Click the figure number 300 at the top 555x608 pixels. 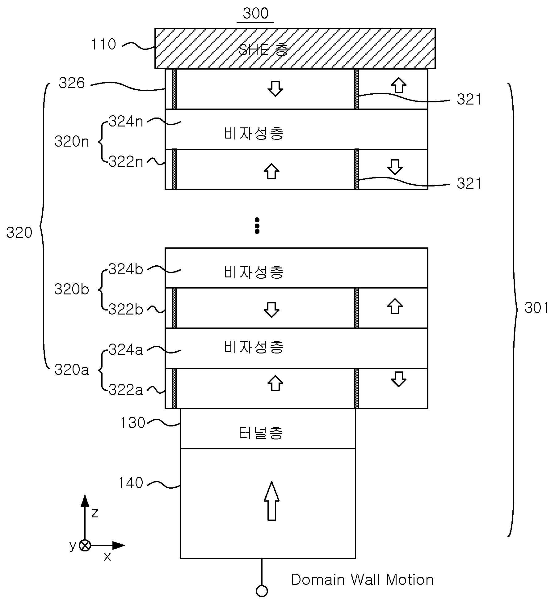255,13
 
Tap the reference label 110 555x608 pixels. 103,44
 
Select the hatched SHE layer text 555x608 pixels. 263,49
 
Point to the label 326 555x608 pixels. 72,83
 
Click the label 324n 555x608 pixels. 126,121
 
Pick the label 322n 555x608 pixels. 126,161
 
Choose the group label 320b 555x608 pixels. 72,289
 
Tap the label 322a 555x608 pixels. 126,390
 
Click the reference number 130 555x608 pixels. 132,423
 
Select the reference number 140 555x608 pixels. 131,482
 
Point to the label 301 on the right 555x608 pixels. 537,308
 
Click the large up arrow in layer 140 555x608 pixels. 271,501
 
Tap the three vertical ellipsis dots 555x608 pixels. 257,225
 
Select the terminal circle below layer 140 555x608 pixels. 262,591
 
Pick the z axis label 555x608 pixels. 95,513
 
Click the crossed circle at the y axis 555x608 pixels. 85,546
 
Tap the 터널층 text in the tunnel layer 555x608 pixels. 261,433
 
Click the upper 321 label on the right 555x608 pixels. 469,100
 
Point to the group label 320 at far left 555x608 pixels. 19,233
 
